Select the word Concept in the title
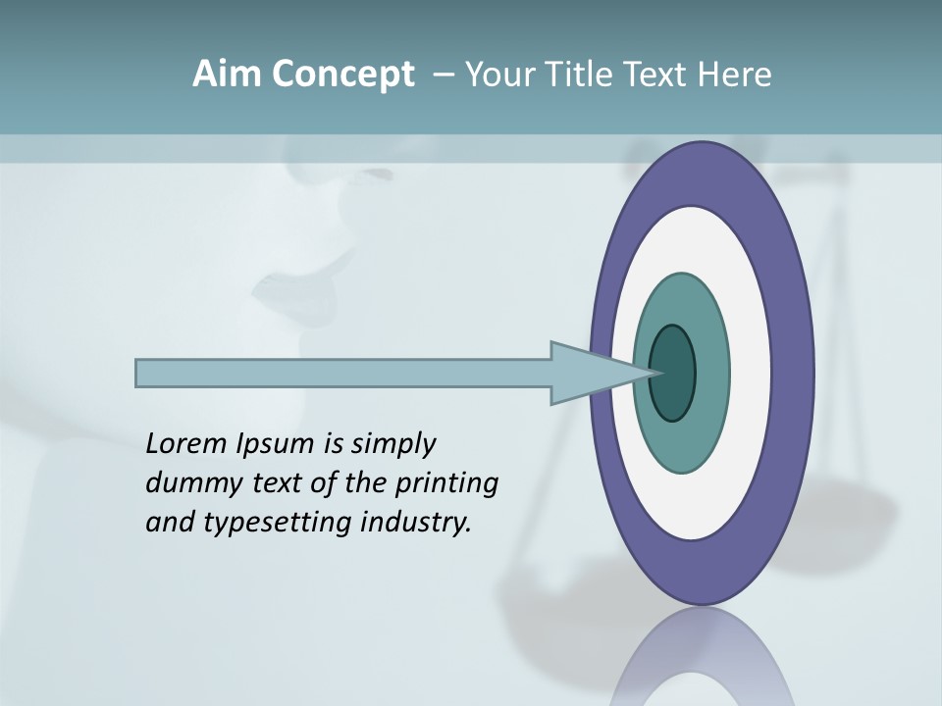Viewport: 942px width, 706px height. coord(341,75)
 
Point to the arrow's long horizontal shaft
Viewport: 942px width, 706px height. coord(343,373)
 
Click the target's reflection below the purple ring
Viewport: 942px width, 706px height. coord(702,657)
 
